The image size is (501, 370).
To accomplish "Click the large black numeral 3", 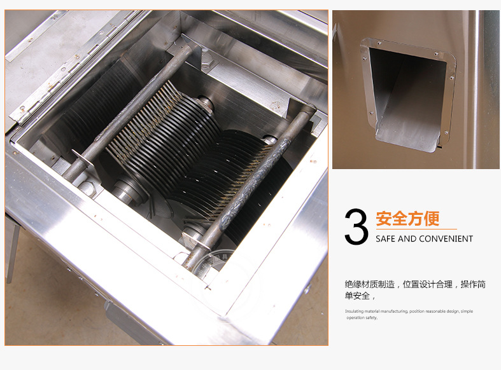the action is [x=356, y=227].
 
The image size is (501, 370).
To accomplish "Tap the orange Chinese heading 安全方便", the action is [x=407, y=219].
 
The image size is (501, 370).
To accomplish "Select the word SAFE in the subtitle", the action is [x=384, y=238].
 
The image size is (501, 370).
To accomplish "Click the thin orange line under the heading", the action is [x=416, y=229].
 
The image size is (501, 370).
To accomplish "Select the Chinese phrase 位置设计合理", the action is [x=428, y=284].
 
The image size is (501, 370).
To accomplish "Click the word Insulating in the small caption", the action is [x=354, y=311].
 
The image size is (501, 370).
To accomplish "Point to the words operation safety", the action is [x=362, y=318].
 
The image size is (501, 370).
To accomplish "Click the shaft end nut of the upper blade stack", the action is [x=204, y=104].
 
